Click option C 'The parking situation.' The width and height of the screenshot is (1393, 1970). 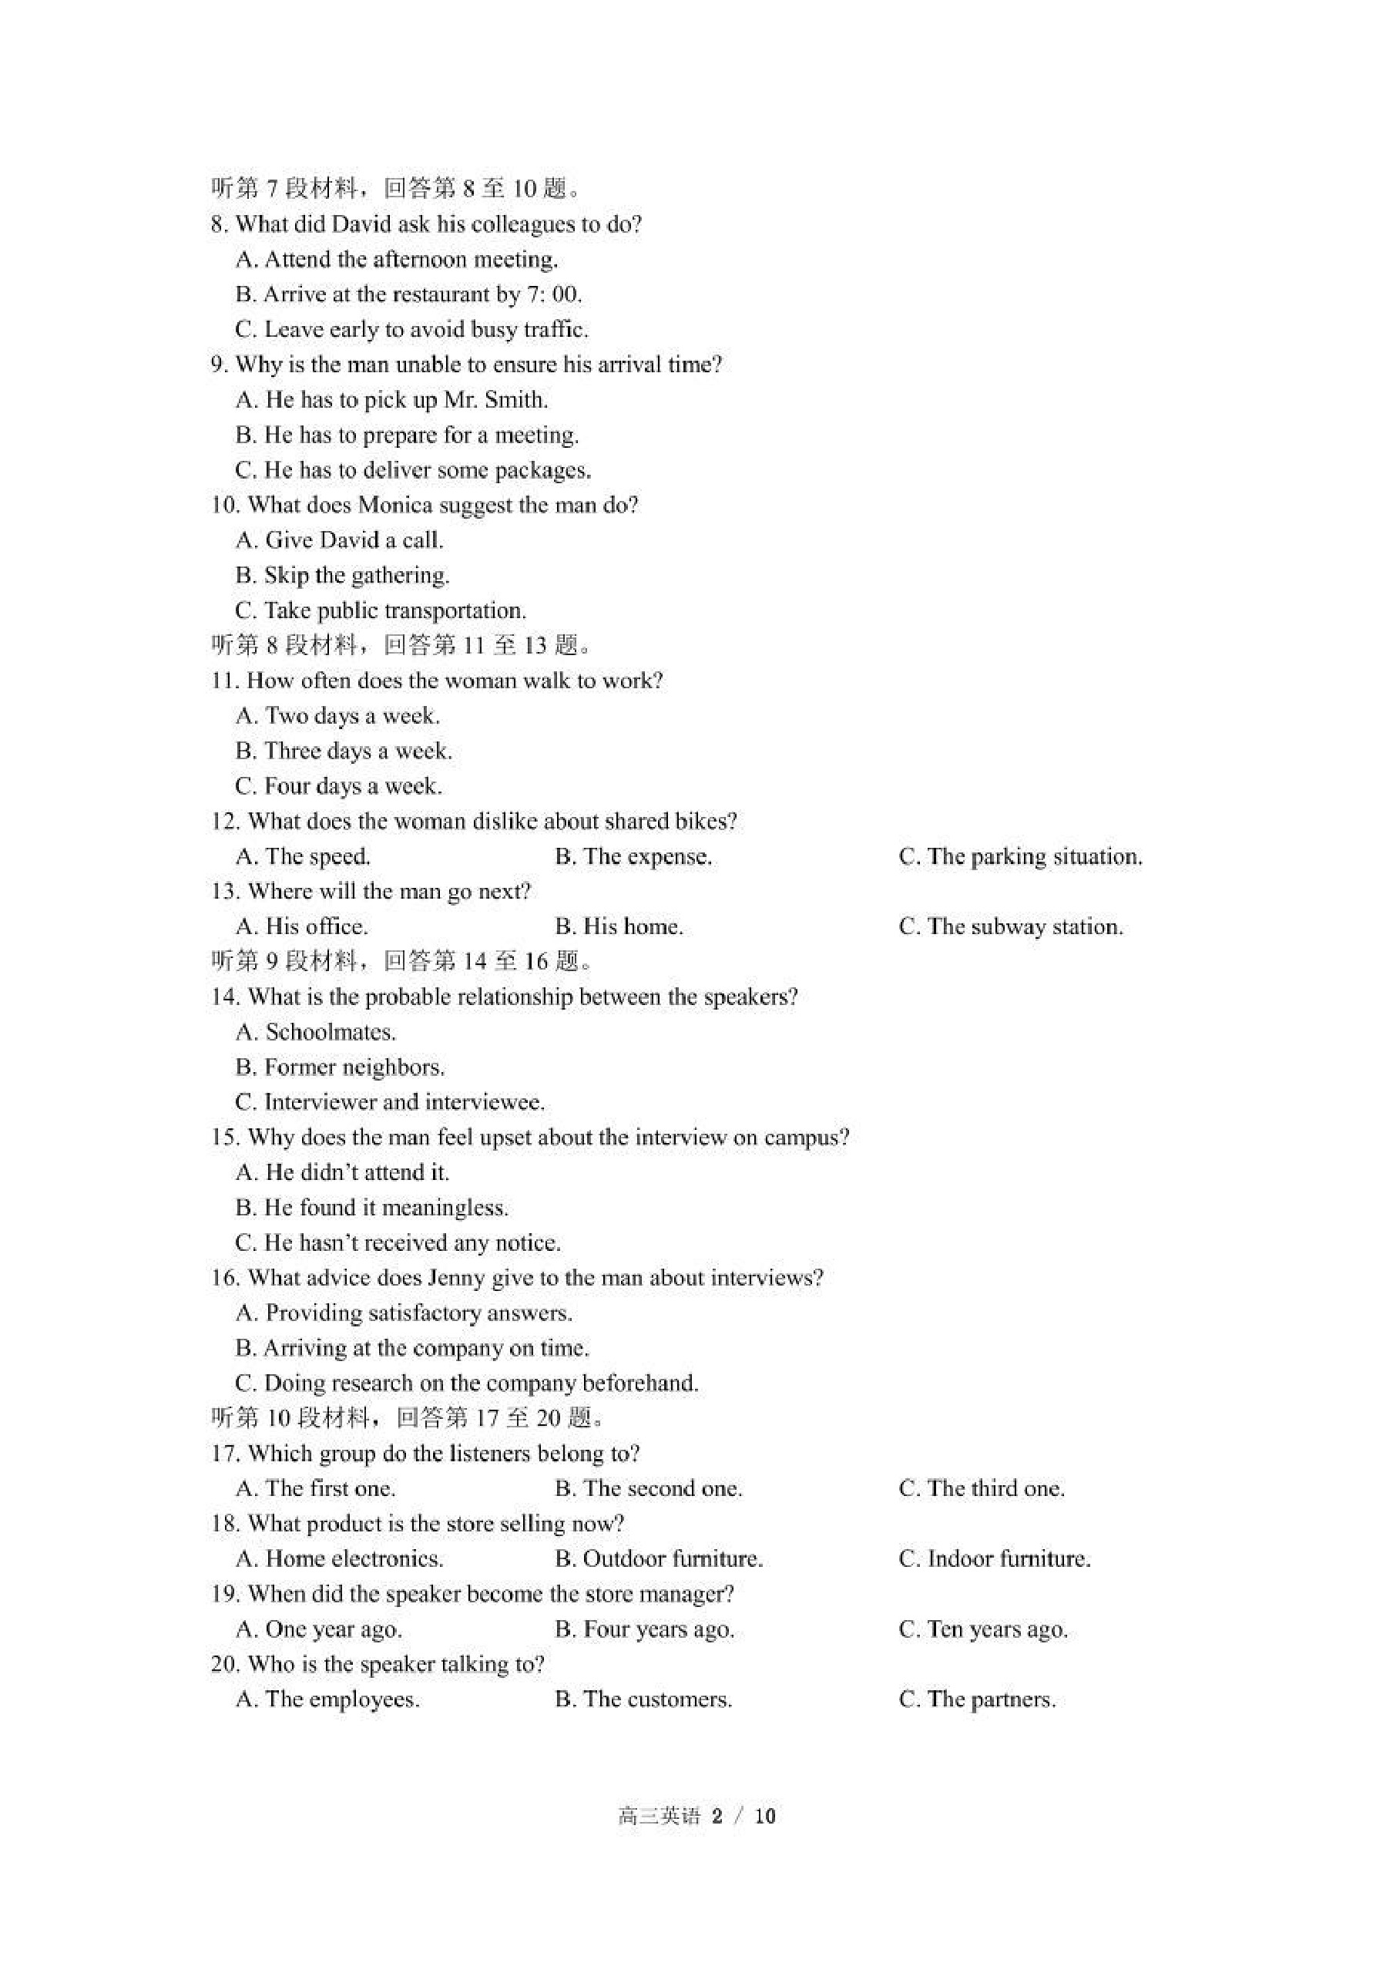click(1020, 856)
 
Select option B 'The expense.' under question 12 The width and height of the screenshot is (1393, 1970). click(633, 856)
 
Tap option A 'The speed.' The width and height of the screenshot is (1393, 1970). click(303, 856)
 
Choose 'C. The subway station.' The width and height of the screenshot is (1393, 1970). click(1010, 926)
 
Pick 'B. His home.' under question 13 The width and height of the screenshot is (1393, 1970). click(619, 926)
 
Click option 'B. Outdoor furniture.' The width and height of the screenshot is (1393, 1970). click(659, 1559)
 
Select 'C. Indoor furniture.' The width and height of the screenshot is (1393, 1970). click(994, 1559)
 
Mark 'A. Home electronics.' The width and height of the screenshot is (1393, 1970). click(339, 1559)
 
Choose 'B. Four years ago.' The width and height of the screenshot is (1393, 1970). click(644, 1629)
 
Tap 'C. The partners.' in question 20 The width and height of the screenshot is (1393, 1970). click(977, 1699)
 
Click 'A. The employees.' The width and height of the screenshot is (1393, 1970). click(327, 1699)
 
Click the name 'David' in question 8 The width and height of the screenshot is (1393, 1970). click(361, 225)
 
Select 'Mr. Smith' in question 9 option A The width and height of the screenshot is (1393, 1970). click(495, 401)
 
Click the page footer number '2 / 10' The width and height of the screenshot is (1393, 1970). click(743, 1816)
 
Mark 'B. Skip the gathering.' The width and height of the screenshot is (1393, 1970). click(342, 576)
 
